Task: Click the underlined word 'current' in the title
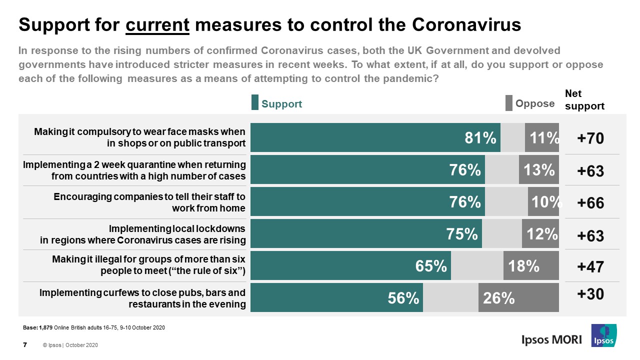coord(157,25)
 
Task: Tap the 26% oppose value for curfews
coord(499,298)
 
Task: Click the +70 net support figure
coord(590,138)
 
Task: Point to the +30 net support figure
coord(590,294)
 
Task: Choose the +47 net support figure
coord(590,266)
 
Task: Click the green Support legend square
coord(254,102)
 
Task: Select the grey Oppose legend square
coord(509,102)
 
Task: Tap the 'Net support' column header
coord(584,99)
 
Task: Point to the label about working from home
coord(149,202)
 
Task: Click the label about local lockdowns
coord(142,234)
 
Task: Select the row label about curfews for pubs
coord(142,298)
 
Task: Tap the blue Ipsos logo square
coord(603,335)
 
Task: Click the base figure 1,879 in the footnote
coord(45,328)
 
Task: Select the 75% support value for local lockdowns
coord(462,234)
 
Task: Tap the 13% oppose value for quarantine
coord(539,170)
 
